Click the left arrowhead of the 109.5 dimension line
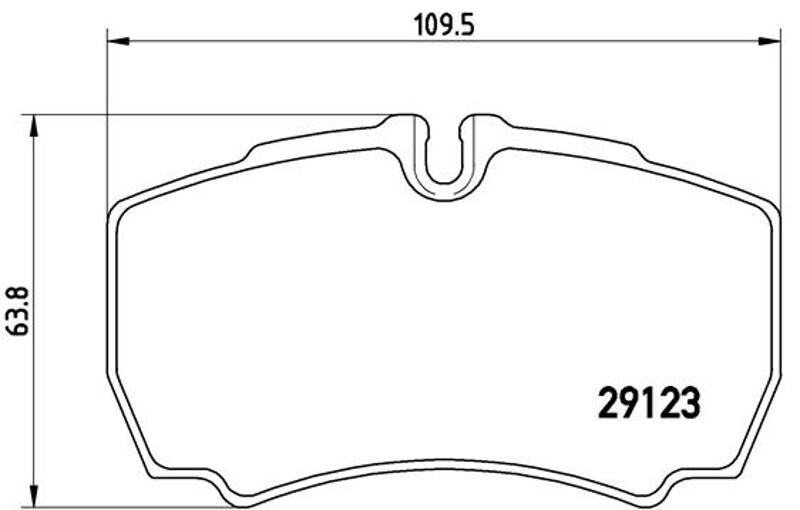(x=119, y=41)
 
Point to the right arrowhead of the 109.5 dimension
(x=769, y=41)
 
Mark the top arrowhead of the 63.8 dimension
(x=34, y=126)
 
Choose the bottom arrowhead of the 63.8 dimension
(x=34, y=497)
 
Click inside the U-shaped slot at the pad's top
(x=443, y=153)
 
